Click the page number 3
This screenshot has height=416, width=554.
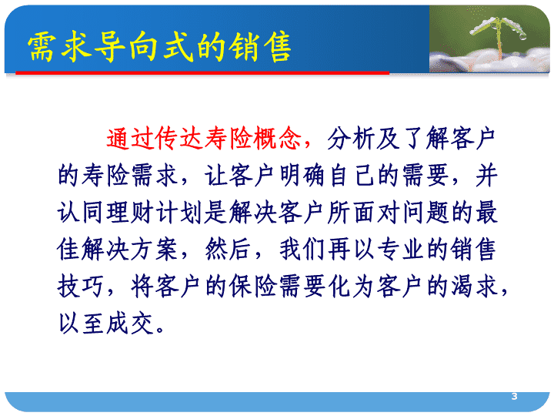coord(514,397)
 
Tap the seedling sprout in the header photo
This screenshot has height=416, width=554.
coord(498,35)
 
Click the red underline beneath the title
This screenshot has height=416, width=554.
coord(202,73)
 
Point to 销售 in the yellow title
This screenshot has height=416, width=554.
coord(260,46)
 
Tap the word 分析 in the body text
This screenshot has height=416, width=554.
coord(351,139)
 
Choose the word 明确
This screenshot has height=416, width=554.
coord(302,176)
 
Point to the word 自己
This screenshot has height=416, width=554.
coord(351,176)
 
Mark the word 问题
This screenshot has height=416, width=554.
coord(425,213)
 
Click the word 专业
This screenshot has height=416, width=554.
coord(400,250)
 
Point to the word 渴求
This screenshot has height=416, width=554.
coord(474,287)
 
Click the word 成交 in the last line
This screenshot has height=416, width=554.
coord(130,324)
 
